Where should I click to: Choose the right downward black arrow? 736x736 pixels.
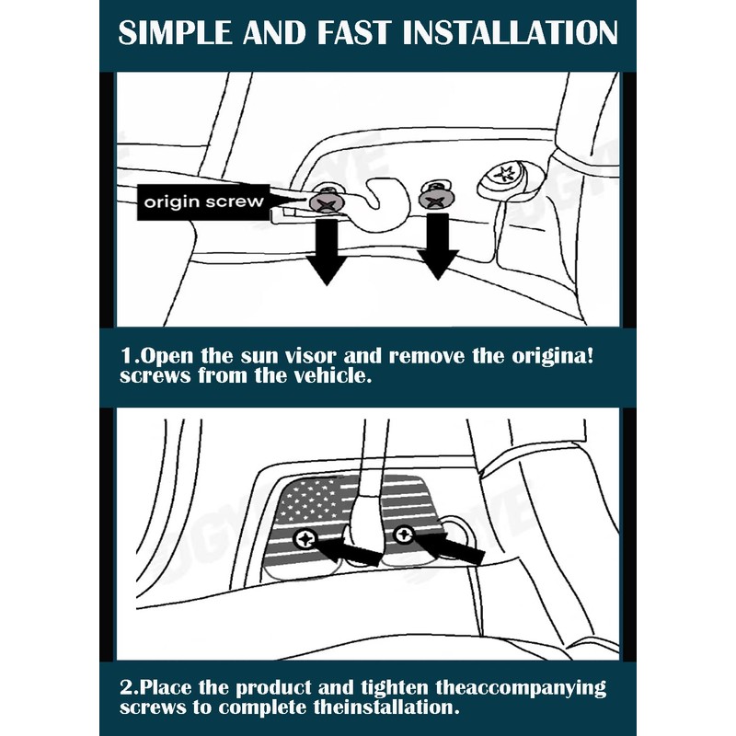coord(437,248)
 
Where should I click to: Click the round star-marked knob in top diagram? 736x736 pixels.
coord(502,175)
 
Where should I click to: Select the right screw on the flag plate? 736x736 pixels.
coord(402,533)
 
